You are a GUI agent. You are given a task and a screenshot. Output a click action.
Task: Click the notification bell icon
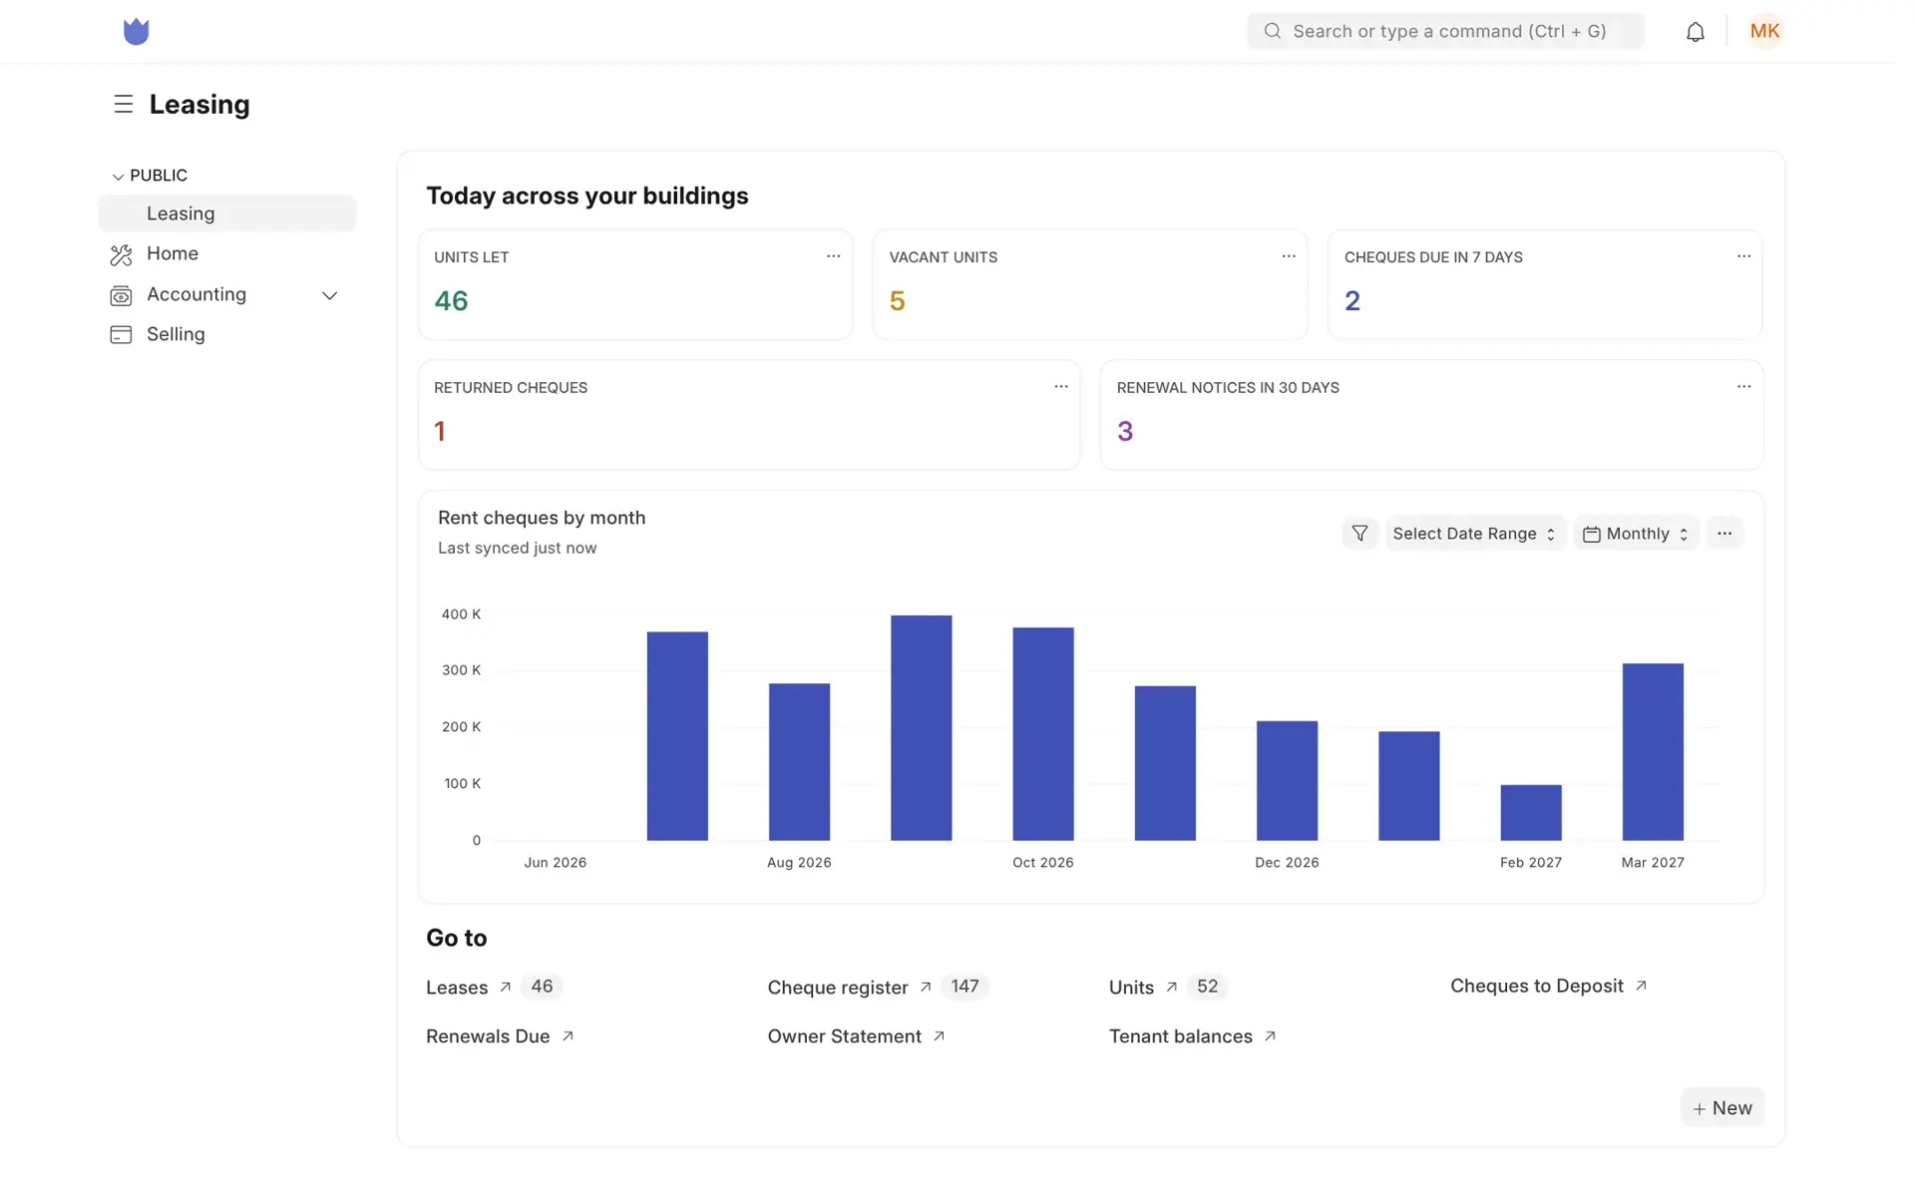[x=1695, y=32]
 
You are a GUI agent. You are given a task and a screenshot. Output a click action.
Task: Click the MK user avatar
[x=1764, y=31]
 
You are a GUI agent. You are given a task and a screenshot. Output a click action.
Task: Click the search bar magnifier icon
[x=1272, y=31]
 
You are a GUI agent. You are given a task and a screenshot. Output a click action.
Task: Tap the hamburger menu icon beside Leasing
[x=124, y=104]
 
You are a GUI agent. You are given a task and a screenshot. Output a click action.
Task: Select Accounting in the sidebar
[x=196, y=294]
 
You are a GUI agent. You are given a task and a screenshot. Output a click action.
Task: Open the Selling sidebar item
[x=176, y=334]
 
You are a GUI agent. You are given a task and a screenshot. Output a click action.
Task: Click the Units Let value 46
[x=451, y=300]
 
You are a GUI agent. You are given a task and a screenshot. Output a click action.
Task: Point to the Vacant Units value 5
[x=897, y=300]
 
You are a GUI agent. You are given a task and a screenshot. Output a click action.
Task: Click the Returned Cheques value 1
[x=440, y=431]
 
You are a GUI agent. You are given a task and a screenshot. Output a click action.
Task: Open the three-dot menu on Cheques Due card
[x=1743, y=256]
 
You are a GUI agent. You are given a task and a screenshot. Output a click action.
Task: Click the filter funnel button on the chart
[x=1359, y=534]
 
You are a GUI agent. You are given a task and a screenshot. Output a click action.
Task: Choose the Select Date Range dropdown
[x=1474, y=534]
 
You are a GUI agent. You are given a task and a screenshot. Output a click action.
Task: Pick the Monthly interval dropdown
[x=1636, y=534]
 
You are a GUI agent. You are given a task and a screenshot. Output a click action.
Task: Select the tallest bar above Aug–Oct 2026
[x=921, y=728]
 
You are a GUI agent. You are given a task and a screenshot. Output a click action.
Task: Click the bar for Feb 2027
[x=1531, y=813]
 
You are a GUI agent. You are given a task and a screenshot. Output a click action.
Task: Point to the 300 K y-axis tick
[x=461, y=670]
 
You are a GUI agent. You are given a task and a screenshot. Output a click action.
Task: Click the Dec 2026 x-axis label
[x=1287, y=863]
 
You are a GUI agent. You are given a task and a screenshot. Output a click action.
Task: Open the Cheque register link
[x=838, y=988]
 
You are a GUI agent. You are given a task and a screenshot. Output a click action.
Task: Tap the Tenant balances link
[x=1181, y=1036]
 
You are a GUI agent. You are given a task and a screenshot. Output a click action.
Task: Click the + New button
[x=1723, y=1108]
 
